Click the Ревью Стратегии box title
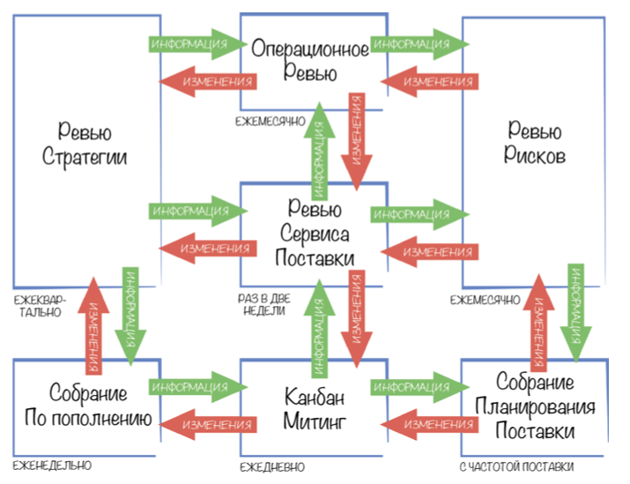point(85,145)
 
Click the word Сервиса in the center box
point(313,234)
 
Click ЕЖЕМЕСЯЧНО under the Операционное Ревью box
point(270,119)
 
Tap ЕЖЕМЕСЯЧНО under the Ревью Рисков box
point(485,300)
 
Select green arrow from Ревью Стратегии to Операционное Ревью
point(199,42)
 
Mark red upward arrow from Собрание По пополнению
point(96,323)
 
